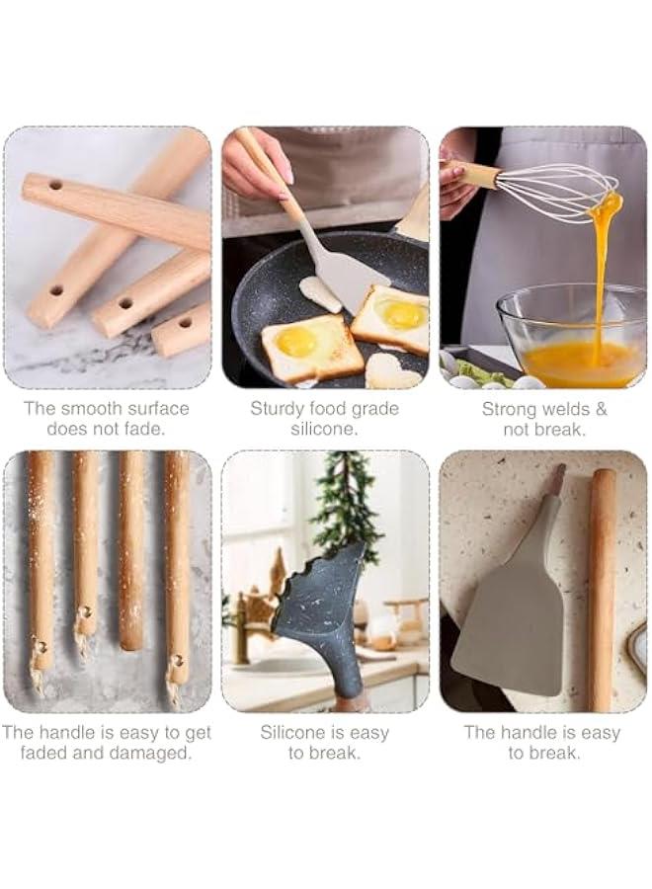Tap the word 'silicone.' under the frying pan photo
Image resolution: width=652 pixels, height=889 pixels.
point(324,430)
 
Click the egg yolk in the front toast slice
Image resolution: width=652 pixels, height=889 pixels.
point(296,340)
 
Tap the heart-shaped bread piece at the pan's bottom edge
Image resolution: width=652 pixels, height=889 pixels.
point(392,371)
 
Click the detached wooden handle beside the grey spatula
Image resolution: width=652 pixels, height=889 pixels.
point(602,590)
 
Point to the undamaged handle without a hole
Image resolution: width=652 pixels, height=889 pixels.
point(132,550)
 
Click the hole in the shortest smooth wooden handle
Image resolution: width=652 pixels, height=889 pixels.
point(186,324)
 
